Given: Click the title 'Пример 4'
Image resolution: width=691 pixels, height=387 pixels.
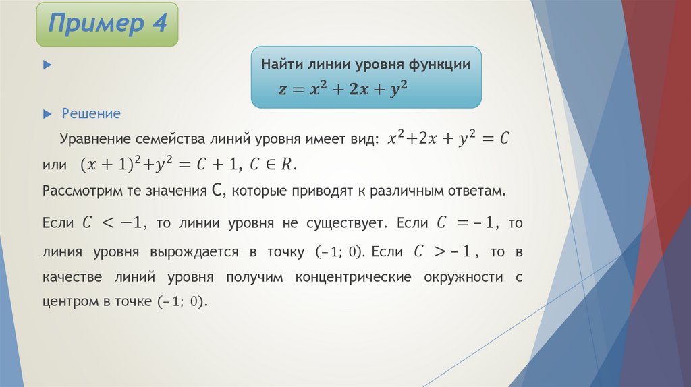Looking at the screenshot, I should [107, 25].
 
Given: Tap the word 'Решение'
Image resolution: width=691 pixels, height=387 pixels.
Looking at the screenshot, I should [91, 113].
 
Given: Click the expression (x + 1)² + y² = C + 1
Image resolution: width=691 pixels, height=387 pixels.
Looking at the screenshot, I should [160, 165].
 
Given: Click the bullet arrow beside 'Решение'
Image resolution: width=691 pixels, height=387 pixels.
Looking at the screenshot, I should [47, 113].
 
